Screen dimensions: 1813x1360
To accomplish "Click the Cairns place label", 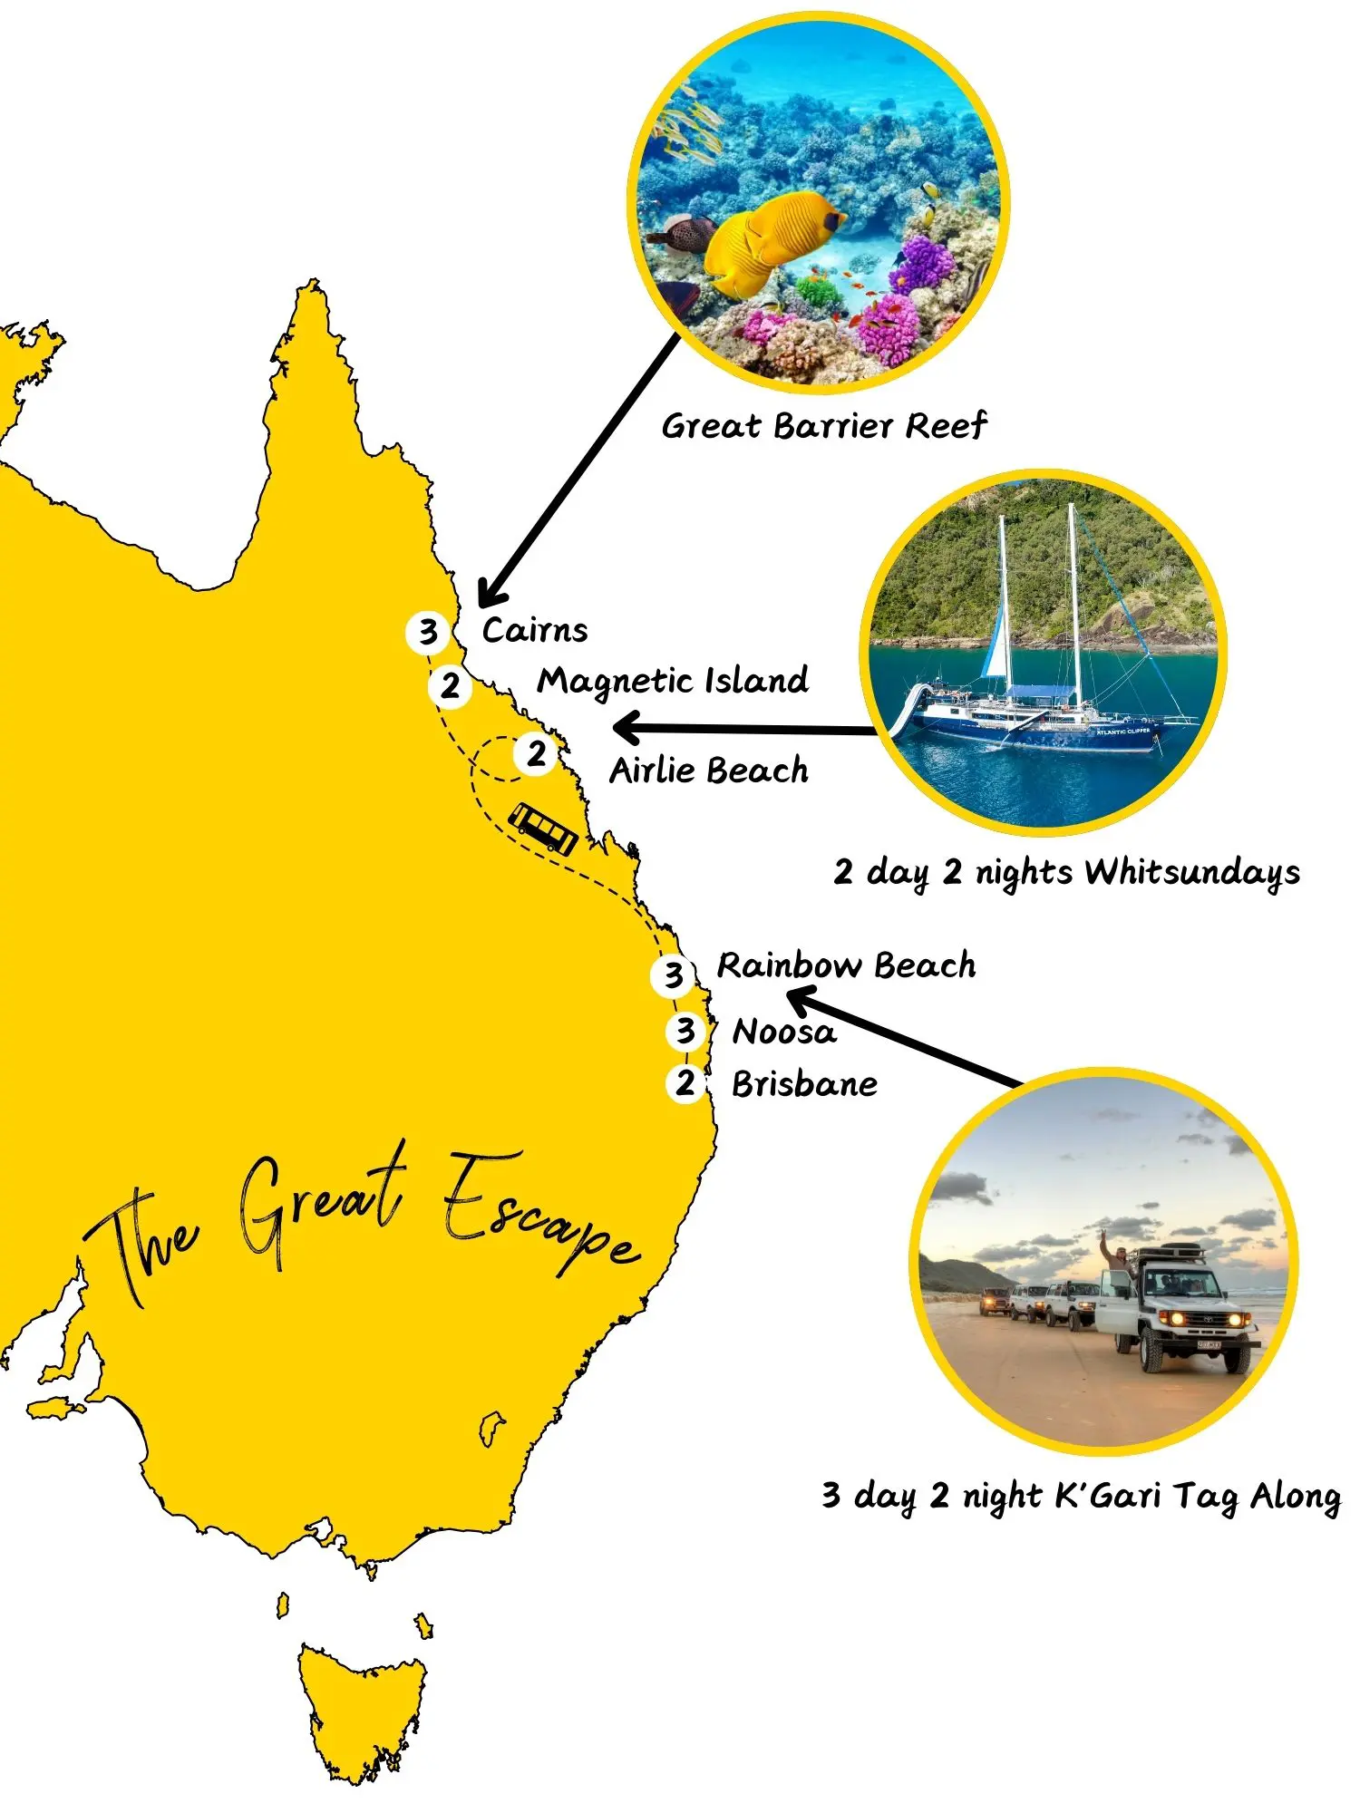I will [x=534, y=630].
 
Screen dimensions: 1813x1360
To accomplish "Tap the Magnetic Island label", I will [x=672, y=681].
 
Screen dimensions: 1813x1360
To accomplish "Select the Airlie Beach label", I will [x=708, y=771].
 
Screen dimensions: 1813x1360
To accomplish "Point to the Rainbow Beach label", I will [x=846, y=965].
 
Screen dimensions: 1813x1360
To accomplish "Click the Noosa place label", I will [x=783, y=1032].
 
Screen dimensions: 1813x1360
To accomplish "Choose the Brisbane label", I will [x=804, y=1084].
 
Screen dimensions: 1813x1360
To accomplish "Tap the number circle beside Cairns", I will [x=428, y=632].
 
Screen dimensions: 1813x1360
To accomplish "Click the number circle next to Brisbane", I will [x=685, y=1083].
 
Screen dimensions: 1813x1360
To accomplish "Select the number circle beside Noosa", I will [x=686, y=1031].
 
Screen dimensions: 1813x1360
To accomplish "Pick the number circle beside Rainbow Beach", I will [x=673, y=974].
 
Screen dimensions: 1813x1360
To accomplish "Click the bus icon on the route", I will [x=543, y=827].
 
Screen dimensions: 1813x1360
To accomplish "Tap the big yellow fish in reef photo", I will [x=762, y=240].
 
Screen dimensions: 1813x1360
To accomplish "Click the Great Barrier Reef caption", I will [x=823, y=425].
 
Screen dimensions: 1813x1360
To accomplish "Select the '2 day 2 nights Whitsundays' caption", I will [x=1066, y=872].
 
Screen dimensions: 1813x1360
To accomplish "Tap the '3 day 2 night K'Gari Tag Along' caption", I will [x=1081, y=1496].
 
